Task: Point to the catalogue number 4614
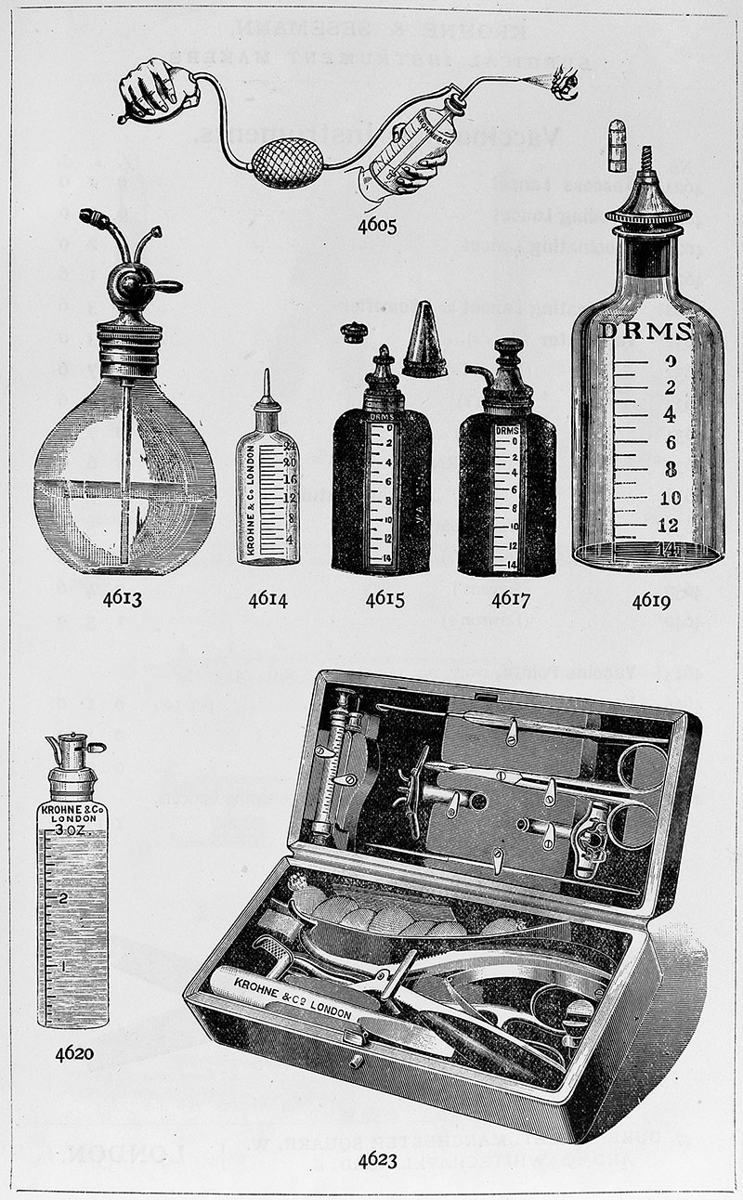pos(267,599)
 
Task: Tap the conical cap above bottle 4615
pos(424,340)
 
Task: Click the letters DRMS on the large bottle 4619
pos(645,332)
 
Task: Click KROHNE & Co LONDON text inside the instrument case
pos(285,991)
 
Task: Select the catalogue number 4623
pos(383,1159)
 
